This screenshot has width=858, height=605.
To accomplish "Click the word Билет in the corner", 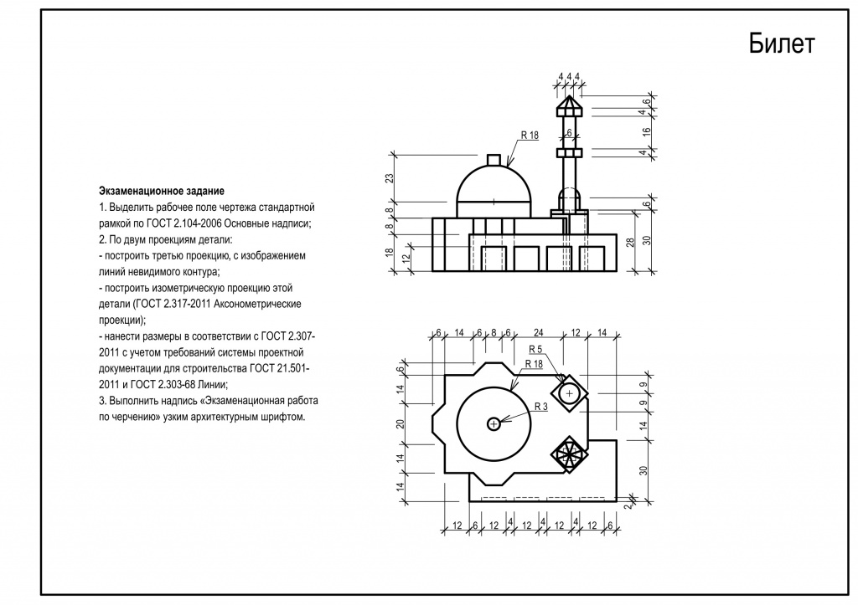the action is [782, 44].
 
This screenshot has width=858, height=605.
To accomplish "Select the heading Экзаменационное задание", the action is [162, 192].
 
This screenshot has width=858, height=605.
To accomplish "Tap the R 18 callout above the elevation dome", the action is [530, 135].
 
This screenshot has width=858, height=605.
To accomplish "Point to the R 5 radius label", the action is [535, 349].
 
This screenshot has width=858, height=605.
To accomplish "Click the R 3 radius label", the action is [540, 407].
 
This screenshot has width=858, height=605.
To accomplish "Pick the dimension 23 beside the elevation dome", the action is [390, 179].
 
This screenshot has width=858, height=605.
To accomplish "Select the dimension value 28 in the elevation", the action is [631, 242].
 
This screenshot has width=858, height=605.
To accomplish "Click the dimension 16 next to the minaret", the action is [647, 131].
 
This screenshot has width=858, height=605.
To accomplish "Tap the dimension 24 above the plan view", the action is [539, 332].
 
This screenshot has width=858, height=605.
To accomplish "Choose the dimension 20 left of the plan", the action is [401, 424].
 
